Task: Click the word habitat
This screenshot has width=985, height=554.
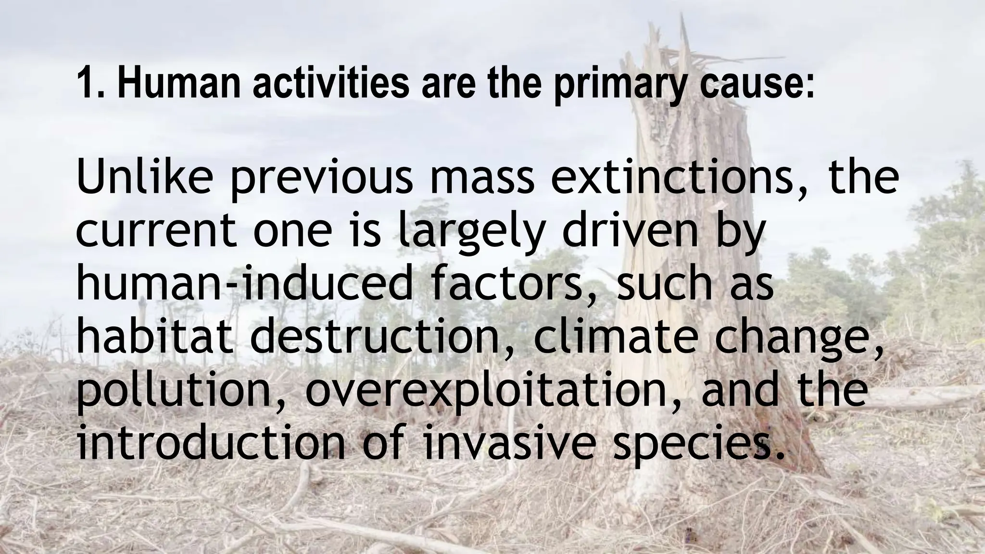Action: [158, 338]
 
